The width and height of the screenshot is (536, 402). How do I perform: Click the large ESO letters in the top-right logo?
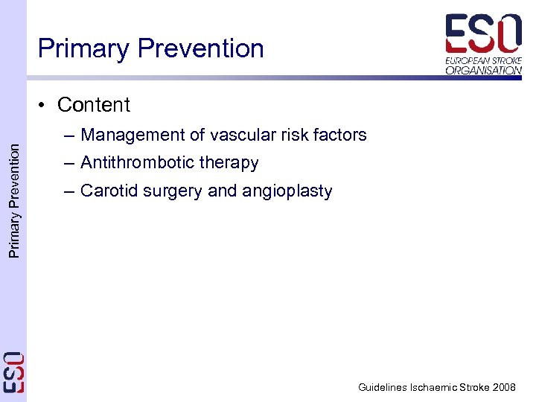point(483,34)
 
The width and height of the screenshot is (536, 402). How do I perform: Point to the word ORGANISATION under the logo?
point(484,70)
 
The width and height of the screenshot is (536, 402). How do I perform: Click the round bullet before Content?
point(45,105)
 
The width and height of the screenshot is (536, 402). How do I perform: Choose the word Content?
point(94,105)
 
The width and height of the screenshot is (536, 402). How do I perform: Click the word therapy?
point(232,163)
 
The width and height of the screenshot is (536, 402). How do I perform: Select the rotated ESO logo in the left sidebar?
point(13,371)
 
